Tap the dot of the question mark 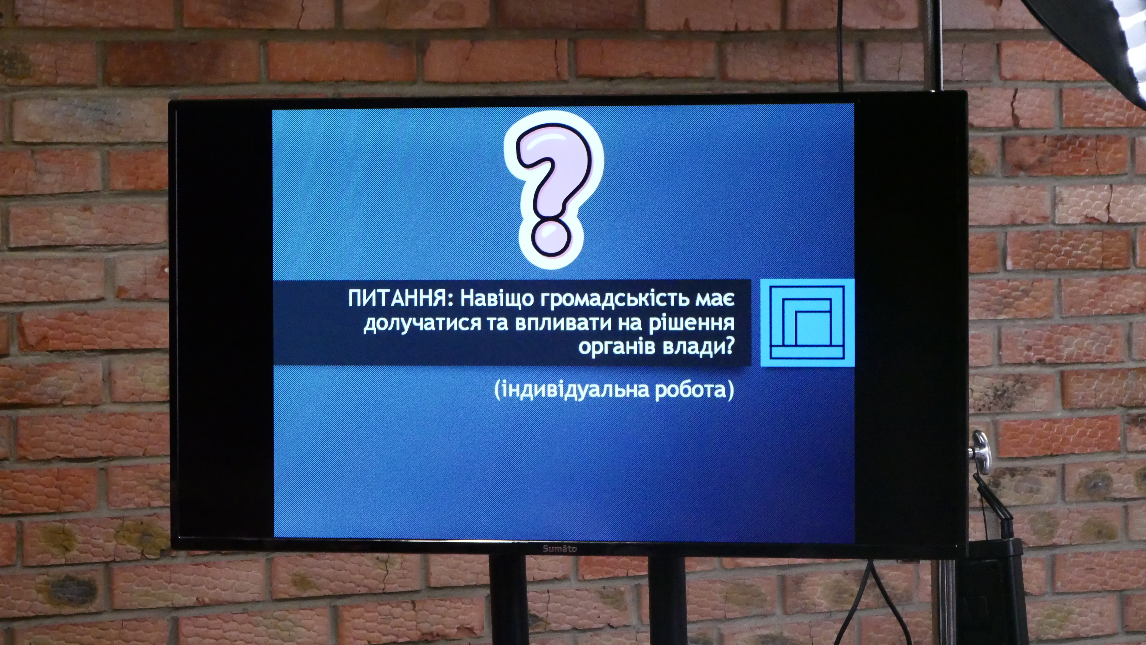[x=551, y=239]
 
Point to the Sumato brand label [x=559, y=549]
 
